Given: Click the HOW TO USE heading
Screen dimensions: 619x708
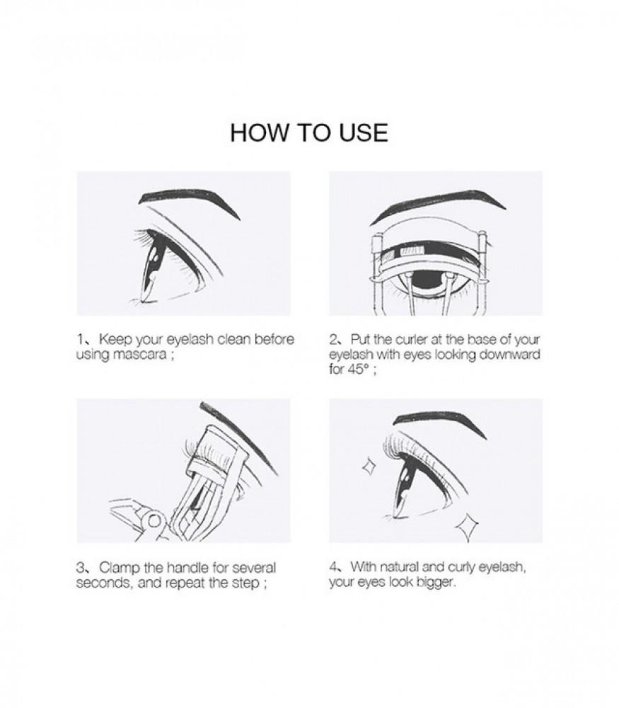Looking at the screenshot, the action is tap(309, 133).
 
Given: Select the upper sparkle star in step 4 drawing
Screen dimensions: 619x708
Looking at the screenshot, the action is tap(369, 467).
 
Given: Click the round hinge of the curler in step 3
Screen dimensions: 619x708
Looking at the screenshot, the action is tap(154, 522).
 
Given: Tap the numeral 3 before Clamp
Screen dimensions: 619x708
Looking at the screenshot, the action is tap(81, 568).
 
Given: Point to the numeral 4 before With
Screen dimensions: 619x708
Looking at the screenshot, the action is tap(333, 566).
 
